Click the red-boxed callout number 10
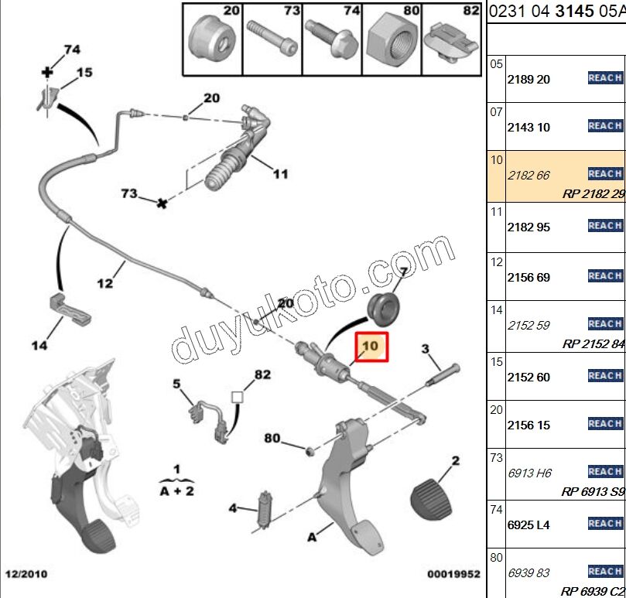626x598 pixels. pyautogui.click(x=371, y=346)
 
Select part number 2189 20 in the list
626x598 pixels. pyautogui.click(x=529, y=79)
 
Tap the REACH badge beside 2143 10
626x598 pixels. pyautogui.click(x=605, y=126)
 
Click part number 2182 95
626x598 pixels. pyautogui.click(x=529, y=226)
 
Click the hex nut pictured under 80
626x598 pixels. pyautogui.click(x=392, y=38)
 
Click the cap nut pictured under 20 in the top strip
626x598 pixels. pyautogui.click(x=211, y=36)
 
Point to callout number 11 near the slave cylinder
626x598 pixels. pyautogui.click(x=280, y=174)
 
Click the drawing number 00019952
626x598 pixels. pyautogui.click(x=454, y=575)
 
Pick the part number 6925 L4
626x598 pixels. pyautogui.click(x=529, y=525)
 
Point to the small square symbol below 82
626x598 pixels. pyautogui.click(x=238, y=398)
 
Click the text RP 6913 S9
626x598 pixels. pyautogui.click(x=593, y=491)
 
